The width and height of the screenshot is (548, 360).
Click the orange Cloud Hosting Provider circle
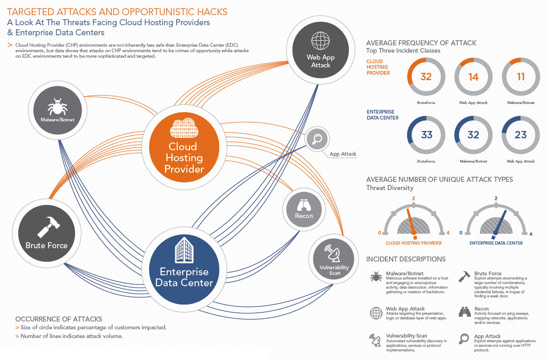tap(184, 147)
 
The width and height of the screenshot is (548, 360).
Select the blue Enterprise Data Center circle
tap(184, 269)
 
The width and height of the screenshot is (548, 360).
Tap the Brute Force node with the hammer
tap(47, 233)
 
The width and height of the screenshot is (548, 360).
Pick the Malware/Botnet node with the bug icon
tap(58, 110)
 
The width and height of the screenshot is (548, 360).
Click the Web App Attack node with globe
tap(320, 50)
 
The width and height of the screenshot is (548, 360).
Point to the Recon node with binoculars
tap(304, 209)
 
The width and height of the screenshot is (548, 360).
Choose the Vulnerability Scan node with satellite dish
tap(334, 259)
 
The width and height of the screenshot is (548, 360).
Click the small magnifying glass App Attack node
tap(317, 139)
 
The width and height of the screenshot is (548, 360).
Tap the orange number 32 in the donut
tap(426, 77)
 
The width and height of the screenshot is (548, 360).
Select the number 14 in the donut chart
tap(473, 77)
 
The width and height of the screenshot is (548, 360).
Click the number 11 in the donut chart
tap(521, 76)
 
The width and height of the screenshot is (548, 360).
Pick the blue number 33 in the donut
tap(426, 135)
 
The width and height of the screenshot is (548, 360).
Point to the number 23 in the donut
tap(521, 135)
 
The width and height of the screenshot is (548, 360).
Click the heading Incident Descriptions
tap(406, 259)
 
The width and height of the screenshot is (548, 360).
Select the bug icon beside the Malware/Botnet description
tap(376, 277)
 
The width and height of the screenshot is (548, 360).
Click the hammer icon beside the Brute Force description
tap(464, 277)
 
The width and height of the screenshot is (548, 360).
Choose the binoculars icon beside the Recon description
tap(465, 312)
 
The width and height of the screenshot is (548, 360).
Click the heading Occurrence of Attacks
tap(59, 319)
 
